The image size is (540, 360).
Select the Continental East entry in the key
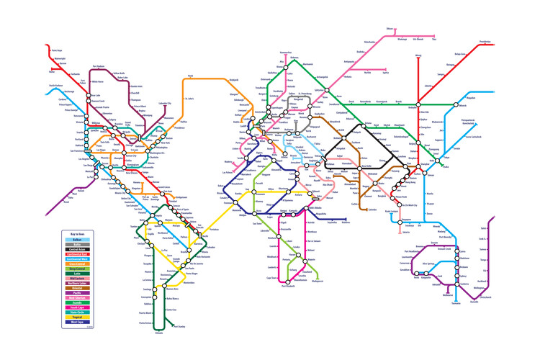pyautogui.click(x=77, y=253)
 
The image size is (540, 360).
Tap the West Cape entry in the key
pyautogui.click(x=77, y=321)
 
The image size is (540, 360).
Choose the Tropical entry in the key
pyautogui.click(x=77, y=317)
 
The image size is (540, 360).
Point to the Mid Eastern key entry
pyautogui.click(x=77, y=279)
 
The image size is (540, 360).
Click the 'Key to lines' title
pyautogui.click(x=76, y=235)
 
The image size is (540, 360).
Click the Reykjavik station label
pyautogui.click(x=228, y=79)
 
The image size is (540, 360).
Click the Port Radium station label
pyautogui.click(x=102, y=67)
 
